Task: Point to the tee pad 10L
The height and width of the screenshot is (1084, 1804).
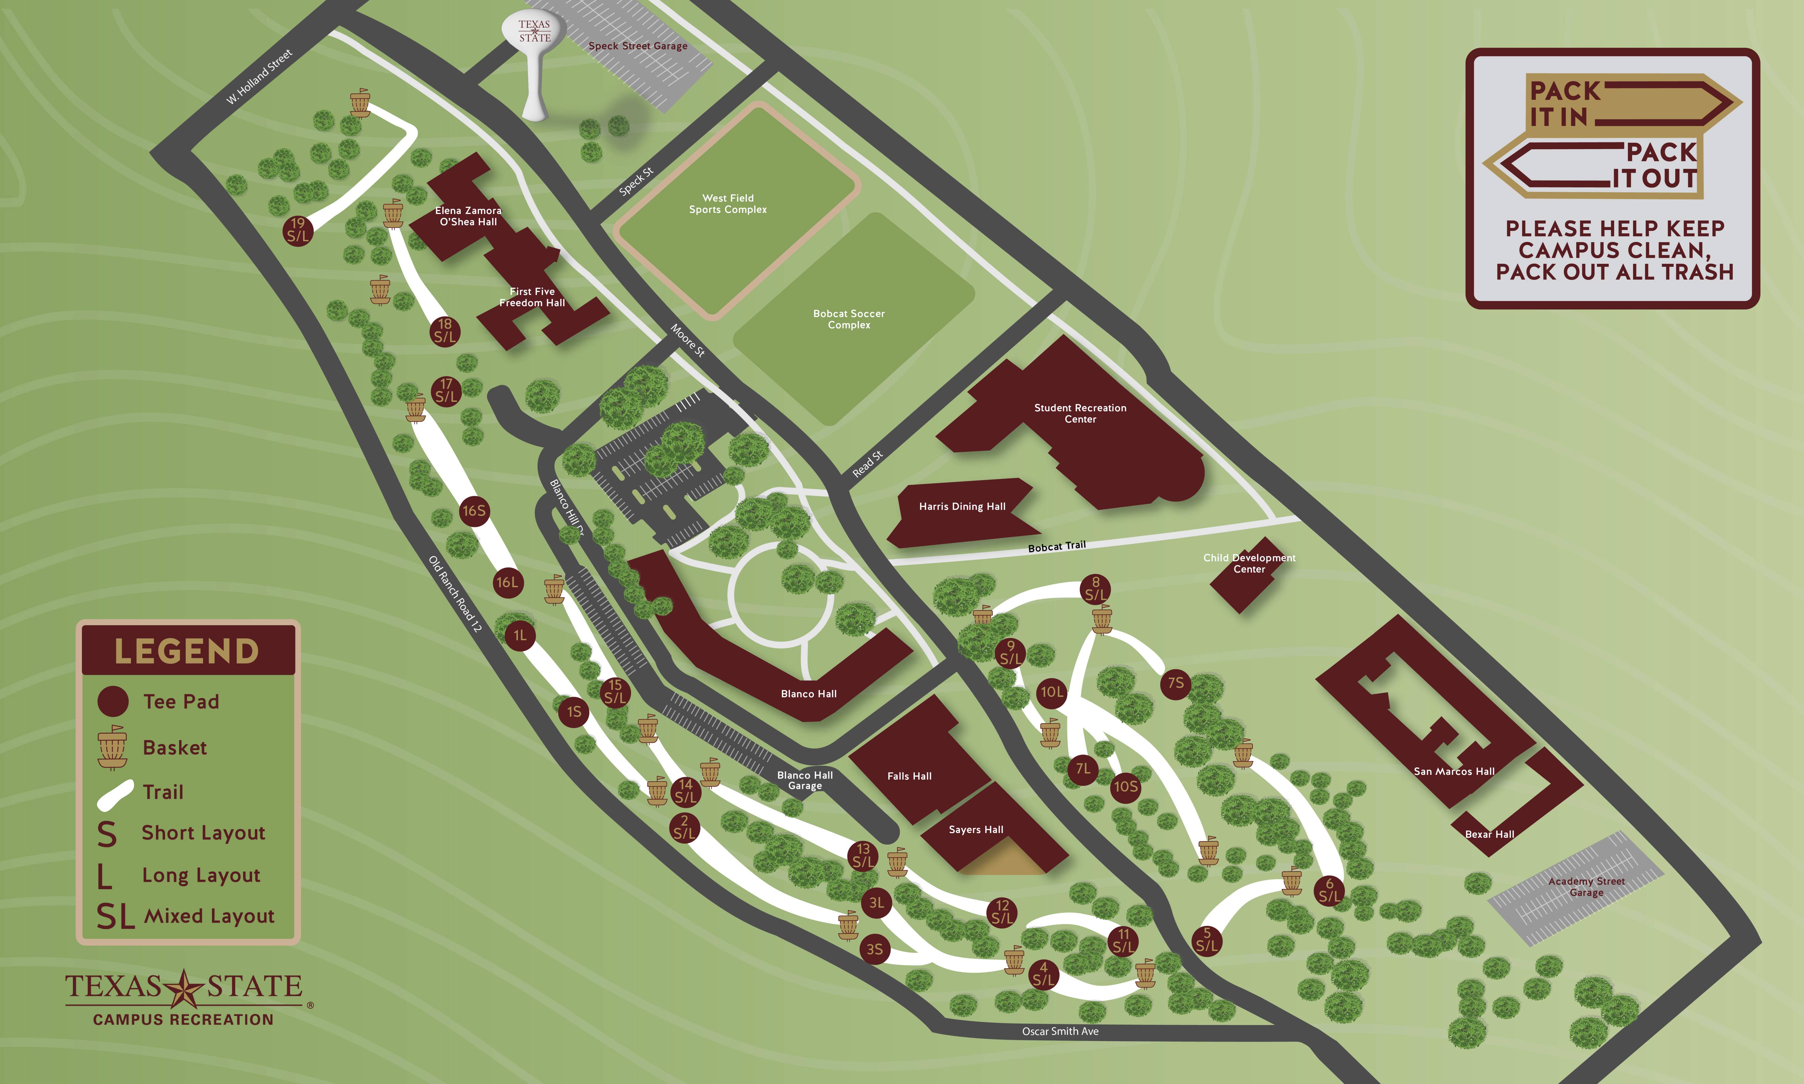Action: (x=1052, y=692)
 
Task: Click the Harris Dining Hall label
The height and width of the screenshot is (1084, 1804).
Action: (x=962, y=506)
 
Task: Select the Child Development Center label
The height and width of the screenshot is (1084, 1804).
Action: (x=1249, y=563)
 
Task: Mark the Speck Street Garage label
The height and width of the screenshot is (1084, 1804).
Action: (x=638, y=46)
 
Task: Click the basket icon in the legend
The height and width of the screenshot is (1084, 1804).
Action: (x=112, y=747)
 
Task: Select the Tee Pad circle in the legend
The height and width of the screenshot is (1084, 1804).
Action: (x=113, y=701)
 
